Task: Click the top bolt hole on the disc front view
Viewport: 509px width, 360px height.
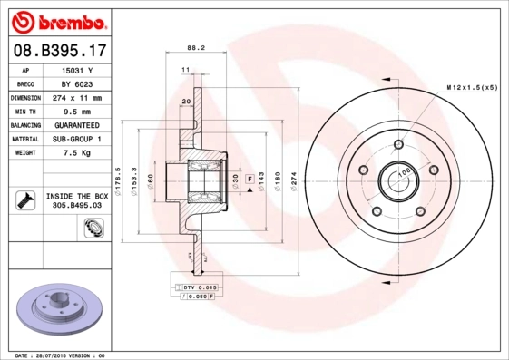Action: [x=397, y=143]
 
